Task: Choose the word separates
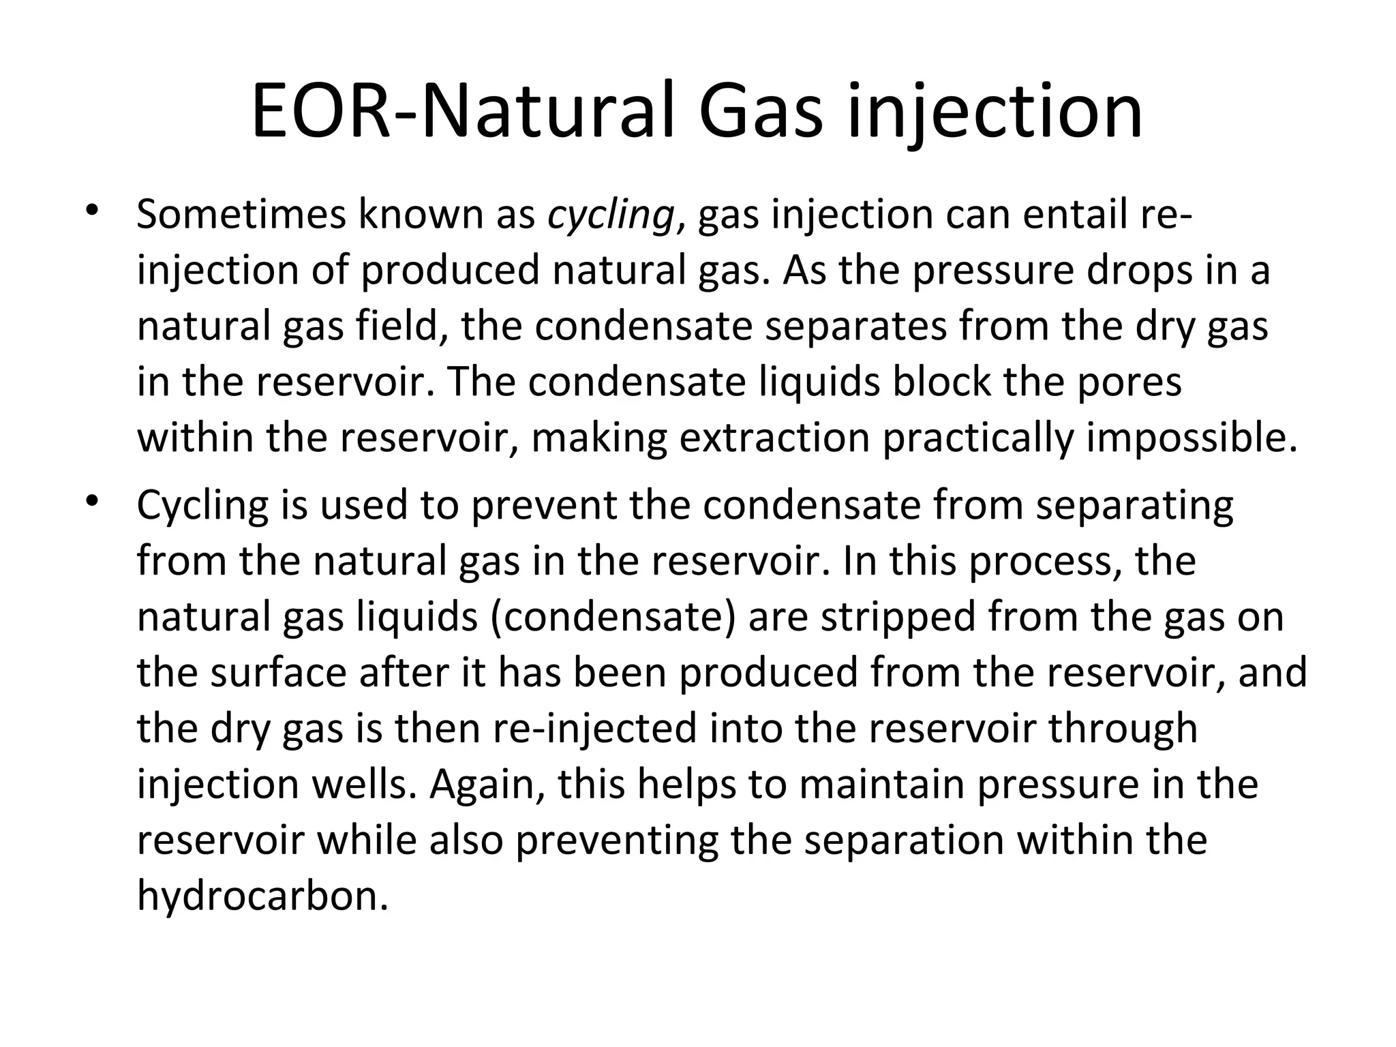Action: click(x=855, y=327)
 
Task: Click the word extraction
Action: click(x=774, y=438)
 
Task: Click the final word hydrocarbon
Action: click(x=262, y=896)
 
